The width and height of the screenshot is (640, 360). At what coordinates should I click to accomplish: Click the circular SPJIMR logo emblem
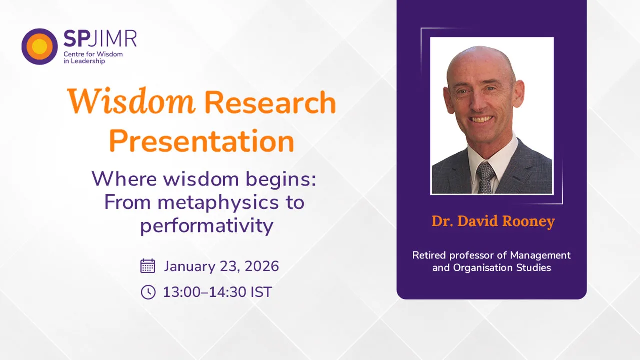click(39, 46)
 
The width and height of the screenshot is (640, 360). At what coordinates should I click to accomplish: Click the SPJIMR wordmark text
click(100, 39)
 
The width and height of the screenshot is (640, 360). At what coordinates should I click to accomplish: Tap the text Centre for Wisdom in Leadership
click(93, 57)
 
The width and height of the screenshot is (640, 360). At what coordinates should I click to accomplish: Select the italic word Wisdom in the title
click(131, 101)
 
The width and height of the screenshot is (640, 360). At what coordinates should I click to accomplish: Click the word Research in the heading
click(270, 102)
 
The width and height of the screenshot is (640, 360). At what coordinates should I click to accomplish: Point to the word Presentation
click(201, 141)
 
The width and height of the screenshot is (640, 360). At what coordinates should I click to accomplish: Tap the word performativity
click(206, 225)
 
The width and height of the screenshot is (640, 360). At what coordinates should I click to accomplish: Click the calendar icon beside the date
click(148, 266)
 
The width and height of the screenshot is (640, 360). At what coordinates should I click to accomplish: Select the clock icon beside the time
click(148, 292)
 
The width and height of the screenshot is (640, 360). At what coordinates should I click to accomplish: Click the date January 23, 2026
click(221, 266)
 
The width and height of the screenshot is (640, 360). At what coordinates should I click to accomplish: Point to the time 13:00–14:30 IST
click(217, 292)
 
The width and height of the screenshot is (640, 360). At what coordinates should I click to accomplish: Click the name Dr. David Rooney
click(493, 221)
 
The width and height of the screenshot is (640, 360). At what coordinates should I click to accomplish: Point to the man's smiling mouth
click(481, 119)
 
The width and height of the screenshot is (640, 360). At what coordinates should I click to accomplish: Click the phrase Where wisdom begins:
click(204, 179)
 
